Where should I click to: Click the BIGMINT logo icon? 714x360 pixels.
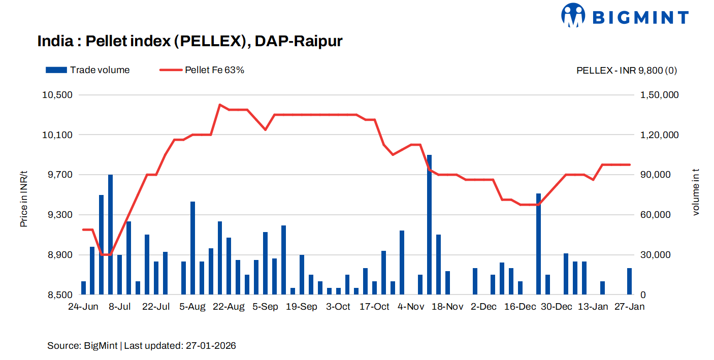pos(574,15)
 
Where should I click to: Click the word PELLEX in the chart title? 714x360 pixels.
pos(208,41)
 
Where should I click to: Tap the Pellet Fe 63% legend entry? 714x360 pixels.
pos(202,70)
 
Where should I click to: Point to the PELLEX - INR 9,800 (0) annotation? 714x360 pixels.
pos(626,71)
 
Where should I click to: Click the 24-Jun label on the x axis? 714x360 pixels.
pos(83,307)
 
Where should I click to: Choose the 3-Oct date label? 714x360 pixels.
pos(338,307)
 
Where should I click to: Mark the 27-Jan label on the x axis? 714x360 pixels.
pos(630,307)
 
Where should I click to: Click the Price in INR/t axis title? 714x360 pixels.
pos(24,199)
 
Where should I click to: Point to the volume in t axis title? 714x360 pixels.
pos(696,191)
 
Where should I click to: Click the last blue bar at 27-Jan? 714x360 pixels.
pos(630,281)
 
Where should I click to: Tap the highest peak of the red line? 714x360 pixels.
pos(219,105)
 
